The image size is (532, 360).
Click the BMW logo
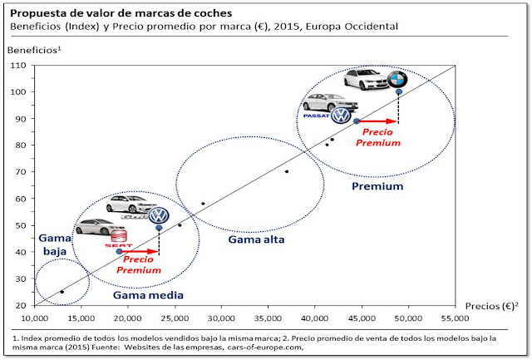(x=400, y=81)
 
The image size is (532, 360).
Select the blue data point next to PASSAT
(x=357, y=121)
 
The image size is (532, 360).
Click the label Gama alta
(x=252, y=239)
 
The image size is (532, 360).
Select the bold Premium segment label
(x=377, y=186)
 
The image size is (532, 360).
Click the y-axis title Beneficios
(x=33, y=50)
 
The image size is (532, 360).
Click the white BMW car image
(x=362, y=80)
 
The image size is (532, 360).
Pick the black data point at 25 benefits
(x=62, y=292)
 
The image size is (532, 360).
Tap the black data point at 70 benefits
(x=287, y=172)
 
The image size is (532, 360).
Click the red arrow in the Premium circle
(x=378, y=121)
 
